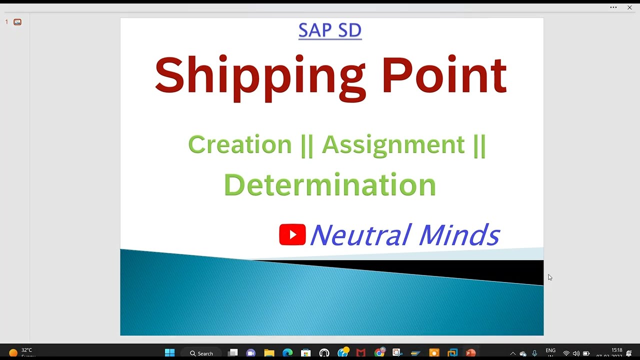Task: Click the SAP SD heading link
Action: coord(329,30)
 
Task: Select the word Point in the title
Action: coord(444,76)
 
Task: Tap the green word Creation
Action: coord(239,144)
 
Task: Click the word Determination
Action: coord(329,184)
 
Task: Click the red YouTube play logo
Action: coord(292,234)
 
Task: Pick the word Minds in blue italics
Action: coord(459,235)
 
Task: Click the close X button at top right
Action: coord(629,7)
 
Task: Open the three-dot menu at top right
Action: coord(613,7)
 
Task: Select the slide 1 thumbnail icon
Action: coord(17,22)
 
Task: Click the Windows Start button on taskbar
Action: coord(169,353)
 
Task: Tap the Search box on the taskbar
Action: coord(201,353)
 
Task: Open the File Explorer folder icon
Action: coord(269,353)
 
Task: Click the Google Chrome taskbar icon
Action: coord(379,353)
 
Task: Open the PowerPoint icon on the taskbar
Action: coord(470,353)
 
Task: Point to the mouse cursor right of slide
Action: coord(549,277)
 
